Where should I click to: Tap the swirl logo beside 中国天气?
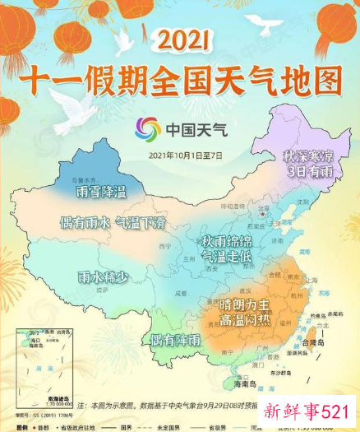[149, 129]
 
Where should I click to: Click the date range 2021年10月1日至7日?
[187, 155]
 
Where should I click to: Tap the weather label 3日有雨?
[306, 171]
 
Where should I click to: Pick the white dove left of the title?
[125, 41]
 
